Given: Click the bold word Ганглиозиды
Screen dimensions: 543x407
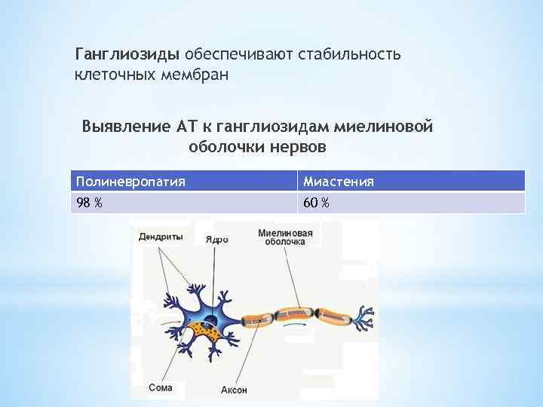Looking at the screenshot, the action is click(x=127, y=55).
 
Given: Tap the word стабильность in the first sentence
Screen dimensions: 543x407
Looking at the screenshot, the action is click(x=351, y=55).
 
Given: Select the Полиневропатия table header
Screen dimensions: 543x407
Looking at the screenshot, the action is click(x=130, y=182).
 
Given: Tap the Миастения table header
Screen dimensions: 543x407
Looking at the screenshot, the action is click(x=338, y=182).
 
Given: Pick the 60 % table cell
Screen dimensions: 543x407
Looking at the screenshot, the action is click(x=316, y=203).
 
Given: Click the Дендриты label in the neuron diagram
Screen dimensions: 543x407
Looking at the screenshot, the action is click(x=161, y=237).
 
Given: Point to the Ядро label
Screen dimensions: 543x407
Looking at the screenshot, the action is click(x=216, y=239).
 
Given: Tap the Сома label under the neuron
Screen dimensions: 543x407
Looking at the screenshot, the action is click(x=160, y=388).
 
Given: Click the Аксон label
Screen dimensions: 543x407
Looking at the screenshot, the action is click(x=234, y=390).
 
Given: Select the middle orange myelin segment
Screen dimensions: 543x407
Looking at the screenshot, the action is click(x=298, y=310).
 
